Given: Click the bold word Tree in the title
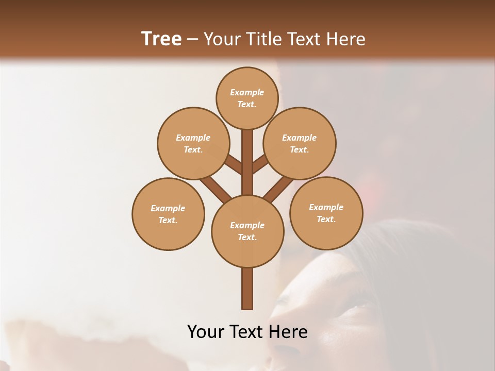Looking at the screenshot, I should pyautogui.click(x=161, y=39).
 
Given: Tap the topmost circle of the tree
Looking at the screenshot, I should pyautogui.click(x=247, y=98).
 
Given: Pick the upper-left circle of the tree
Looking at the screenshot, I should pyautogui.click(x=193, y=143).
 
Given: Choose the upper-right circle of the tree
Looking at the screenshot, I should pyautogui.click(x=300, y=143).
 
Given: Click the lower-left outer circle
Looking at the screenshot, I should pyautogui.click(x=168, y=214).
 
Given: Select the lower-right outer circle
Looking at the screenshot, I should pyautogui.click(x=326, y=213).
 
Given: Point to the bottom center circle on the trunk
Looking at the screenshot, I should pyautogui.click(x=247, y=231).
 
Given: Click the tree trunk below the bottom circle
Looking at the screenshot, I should pyautogui.click(x=247, y=289).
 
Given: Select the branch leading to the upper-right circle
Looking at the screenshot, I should pyautogui.click(x=261, y=164).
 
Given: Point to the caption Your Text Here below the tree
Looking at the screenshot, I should pyautogui.click(x=247, y=332).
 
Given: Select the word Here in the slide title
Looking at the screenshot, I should pyautogui.click(x=346, y=39).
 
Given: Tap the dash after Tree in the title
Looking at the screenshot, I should pyautogui.click(x=193, y=40).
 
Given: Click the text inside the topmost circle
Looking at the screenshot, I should pyautogui.click(x=247, y=98).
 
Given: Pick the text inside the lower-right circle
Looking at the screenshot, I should pyautogui.click(x=326, y=213).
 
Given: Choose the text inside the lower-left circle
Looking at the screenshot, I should pyautogui.click(x=168, y=214).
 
